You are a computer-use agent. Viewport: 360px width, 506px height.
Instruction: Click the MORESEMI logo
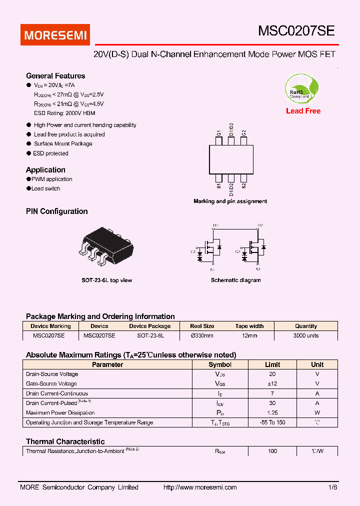click(x=55, y=35)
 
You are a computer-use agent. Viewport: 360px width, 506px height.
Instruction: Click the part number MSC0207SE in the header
click(x=296, y=31)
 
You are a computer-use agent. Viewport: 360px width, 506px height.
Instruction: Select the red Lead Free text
click(x=303, y=111)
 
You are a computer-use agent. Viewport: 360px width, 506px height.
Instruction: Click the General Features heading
click(x=55, y=76)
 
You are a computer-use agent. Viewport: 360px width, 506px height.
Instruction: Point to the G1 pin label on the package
click(x=219, y=133)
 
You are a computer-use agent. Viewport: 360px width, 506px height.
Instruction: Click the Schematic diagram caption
click(x=235, y=280)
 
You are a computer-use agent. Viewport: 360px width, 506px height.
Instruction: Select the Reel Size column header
click(x=202, y=326)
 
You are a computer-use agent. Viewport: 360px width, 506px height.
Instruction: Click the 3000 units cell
click(x=306, y=335)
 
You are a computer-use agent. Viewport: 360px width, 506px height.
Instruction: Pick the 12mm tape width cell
click(x=249, y=335)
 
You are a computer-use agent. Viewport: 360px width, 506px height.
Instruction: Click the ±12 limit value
click(x=272, y=384)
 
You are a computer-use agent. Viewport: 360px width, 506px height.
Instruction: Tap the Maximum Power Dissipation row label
click(x=60, y=413)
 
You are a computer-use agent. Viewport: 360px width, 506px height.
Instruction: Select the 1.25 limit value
click(x=272, y=413)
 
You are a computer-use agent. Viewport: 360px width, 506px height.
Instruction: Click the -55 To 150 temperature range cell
click(x=272, y=422)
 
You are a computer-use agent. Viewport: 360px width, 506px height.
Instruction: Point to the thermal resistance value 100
click(x=272, y=451)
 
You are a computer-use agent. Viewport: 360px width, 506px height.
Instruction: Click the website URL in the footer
click(x=200, y=487)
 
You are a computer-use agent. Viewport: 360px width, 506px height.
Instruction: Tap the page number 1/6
click(x=333, y=487)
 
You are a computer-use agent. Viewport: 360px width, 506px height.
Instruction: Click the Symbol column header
click(x=220, y=364)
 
